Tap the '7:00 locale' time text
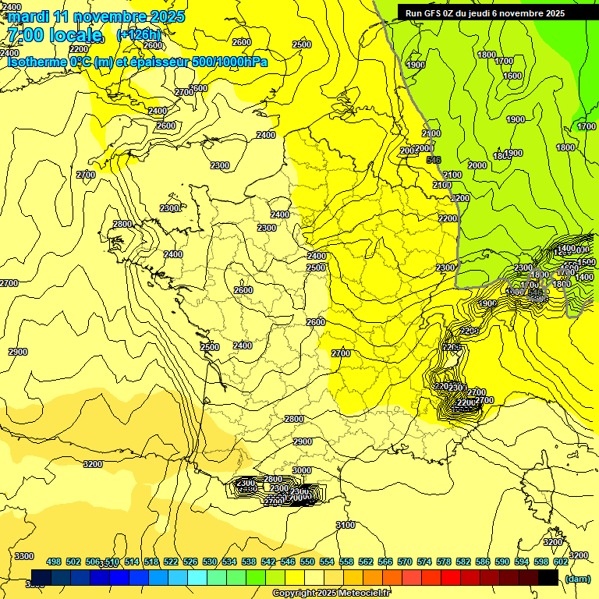tap(54, 35)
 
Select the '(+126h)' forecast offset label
tap(138, 34)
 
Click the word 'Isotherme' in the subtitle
tap(36, 62)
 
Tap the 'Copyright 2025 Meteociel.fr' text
tap(331, 593)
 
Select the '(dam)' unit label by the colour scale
tap(577, 578)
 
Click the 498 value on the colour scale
tap(54, 562)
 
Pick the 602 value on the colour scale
tap(560, 562)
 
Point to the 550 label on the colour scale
tap(307, 562)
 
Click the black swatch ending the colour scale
tap(548, 578)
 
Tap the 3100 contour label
tap(345, 525)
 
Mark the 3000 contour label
tap(302, 470)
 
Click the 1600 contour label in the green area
tap(512, 76)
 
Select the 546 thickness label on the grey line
tap(434, 160)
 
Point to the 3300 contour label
tap(24, 555)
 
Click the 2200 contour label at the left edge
tap(79, 48)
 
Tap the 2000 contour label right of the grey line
tap(477, 165)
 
